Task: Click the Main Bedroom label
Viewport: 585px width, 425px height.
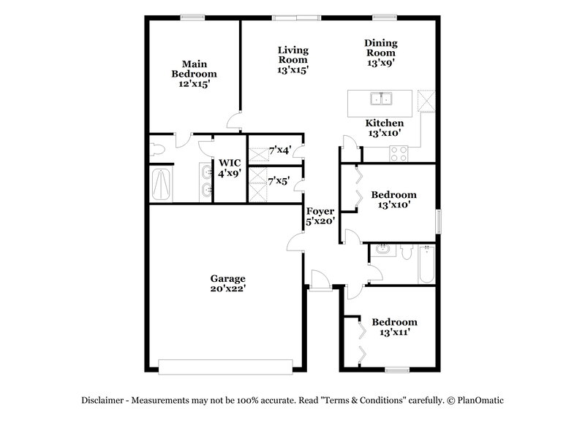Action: point(194,74)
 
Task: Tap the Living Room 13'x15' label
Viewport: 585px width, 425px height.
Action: point(292,60)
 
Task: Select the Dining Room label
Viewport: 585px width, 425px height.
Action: point(380,53)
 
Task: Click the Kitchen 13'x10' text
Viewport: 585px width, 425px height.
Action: point(384,128)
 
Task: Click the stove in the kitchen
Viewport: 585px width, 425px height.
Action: point(399,153)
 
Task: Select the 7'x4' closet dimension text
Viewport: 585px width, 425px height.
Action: point(280,150)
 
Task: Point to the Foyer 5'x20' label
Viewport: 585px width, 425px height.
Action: point(320,216)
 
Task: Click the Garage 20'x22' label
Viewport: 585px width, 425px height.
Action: point(227,283)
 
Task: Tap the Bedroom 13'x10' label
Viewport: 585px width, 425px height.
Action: point(393,199)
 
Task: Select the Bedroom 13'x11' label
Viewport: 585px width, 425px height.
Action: point(394,326)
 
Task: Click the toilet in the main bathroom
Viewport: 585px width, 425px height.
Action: point(156,150)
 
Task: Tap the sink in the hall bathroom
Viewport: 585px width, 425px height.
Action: point(384,251)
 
